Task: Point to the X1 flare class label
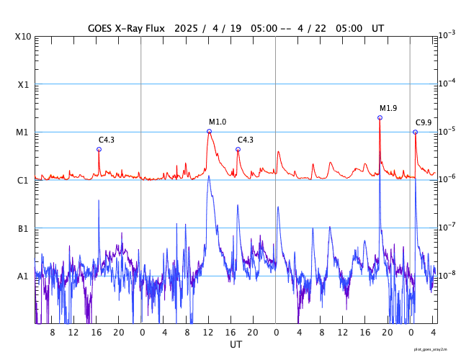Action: pyautogui.click(x=23, y=84)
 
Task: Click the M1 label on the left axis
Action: pyautogui.click(x=23, y=132)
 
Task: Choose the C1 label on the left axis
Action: pyautogui.click(x=23, y=180)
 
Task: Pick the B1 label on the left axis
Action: pyautogui.click(x=23, y=228)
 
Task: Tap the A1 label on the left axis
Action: pyautogui.click(x=23, y=276)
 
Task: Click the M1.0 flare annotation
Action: pyautogui.click(x=218, y=122)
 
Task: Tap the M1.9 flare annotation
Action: pyautogui.click(x=388, y=108)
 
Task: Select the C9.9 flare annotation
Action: pyautogui.click(x=424, y=123)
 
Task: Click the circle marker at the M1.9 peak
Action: pyautogui.click(x=380, y=117)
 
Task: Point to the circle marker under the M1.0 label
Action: pyautogui.click(x=210, y=131)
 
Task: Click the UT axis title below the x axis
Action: pyautogui.click(x=236, y=345)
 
